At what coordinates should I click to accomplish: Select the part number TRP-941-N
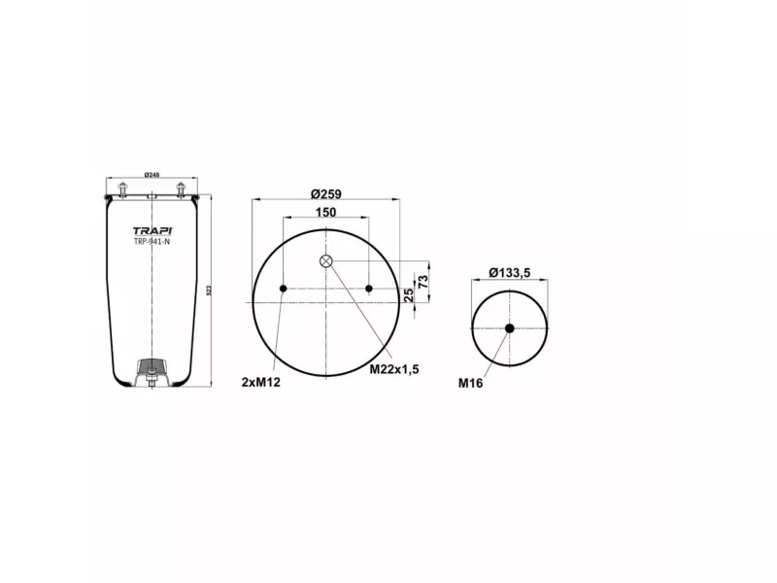tap(151, 242)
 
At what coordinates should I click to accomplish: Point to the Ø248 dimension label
tap(152, 175)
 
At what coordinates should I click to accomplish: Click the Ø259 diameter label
tap(326, 192)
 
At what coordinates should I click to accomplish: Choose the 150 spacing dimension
tap(326, 212)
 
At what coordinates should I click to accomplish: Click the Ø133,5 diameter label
tap(509, 273)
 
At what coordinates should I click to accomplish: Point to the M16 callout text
tap(471, 383)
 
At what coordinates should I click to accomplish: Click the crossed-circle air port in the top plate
tap(326, 260)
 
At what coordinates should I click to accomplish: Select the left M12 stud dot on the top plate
tap(283, 289)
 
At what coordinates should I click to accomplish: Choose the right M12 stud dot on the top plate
tap(370, 289)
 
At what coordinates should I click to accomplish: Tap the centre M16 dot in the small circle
tap(509, 328)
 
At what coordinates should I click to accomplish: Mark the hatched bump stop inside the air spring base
tap(152, 368)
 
